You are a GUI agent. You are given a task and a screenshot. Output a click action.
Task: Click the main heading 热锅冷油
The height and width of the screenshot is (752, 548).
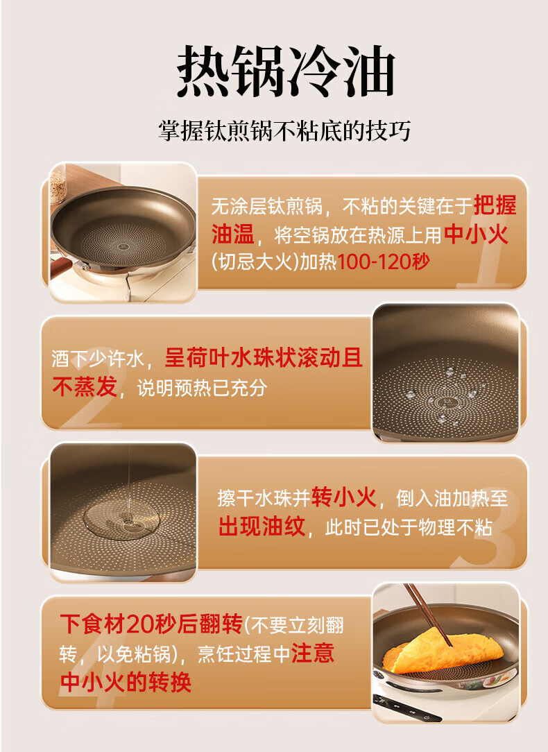[286, 71]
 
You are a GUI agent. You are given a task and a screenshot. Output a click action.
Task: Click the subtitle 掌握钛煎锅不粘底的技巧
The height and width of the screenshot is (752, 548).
[285, 131]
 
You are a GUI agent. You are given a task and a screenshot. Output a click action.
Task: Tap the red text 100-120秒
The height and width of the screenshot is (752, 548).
[384, 262]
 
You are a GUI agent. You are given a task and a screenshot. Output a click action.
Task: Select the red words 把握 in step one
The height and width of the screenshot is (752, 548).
[495, 206]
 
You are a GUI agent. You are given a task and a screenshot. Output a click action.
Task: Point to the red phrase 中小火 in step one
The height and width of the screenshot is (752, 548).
[476, 234]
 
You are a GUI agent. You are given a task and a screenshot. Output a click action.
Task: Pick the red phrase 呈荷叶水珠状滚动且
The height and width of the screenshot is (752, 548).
[263, 358]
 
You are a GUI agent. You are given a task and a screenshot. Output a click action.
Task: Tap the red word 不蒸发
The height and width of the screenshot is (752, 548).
[85, 386]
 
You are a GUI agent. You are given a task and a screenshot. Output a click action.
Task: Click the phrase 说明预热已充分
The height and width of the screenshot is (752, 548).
[202, 388]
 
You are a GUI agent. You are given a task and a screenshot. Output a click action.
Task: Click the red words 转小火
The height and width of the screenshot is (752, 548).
[344, 497]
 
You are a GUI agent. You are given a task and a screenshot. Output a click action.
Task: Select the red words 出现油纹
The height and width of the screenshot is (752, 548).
[262, 526]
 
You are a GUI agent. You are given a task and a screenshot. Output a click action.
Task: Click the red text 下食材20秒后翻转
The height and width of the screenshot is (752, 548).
[151, 624]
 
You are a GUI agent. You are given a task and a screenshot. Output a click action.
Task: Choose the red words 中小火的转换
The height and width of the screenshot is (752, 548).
[126, 681]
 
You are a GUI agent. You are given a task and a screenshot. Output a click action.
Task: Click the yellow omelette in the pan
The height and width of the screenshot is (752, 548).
[443, 650]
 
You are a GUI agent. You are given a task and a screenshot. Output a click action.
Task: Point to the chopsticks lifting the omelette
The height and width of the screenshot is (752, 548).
[428, 614]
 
